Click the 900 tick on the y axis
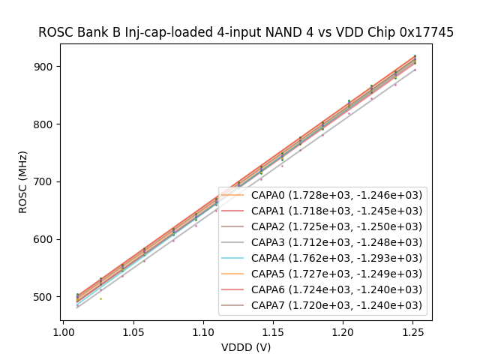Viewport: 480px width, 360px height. [x=46, y=66]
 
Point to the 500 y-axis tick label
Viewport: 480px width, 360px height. [x=46, y=297]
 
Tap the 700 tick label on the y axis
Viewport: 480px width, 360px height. [x=46, y=181]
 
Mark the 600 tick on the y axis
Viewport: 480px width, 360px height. [x=46, y=239]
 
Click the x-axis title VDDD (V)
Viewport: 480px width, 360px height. [x=246, y=346]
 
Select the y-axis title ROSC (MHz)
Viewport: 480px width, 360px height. [x=24, y=182]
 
